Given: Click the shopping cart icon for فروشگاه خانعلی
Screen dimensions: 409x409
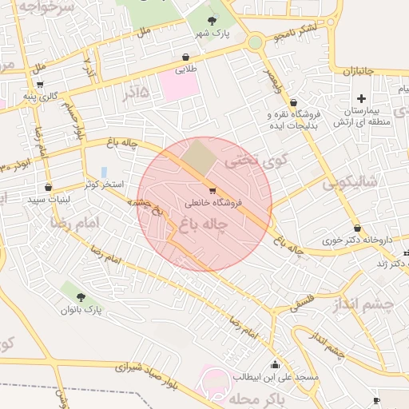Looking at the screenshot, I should coord(212,190).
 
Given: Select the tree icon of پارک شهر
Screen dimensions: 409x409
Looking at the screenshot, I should coord(212,21).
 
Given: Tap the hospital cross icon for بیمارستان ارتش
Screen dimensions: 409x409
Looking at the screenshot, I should coord(362,98).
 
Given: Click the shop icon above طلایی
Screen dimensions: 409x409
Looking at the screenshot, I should coord(186,58).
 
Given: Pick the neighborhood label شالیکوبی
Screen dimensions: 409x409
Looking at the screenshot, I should coord(351,184).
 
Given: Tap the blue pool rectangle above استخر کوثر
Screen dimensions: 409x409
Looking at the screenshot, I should coord(105,172).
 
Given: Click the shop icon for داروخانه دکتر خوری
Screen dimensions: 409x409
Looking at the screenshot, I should coord(357,228).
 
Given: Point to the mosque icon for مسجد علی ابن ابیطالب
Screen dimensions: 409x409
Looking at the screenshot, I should coord(276,363).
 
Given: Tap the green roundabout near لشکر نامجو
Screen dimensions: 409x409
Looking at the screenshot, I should coord(255,42).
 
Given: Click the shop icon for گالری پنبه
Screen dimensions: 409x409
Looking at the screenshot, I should coord(40,84).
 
